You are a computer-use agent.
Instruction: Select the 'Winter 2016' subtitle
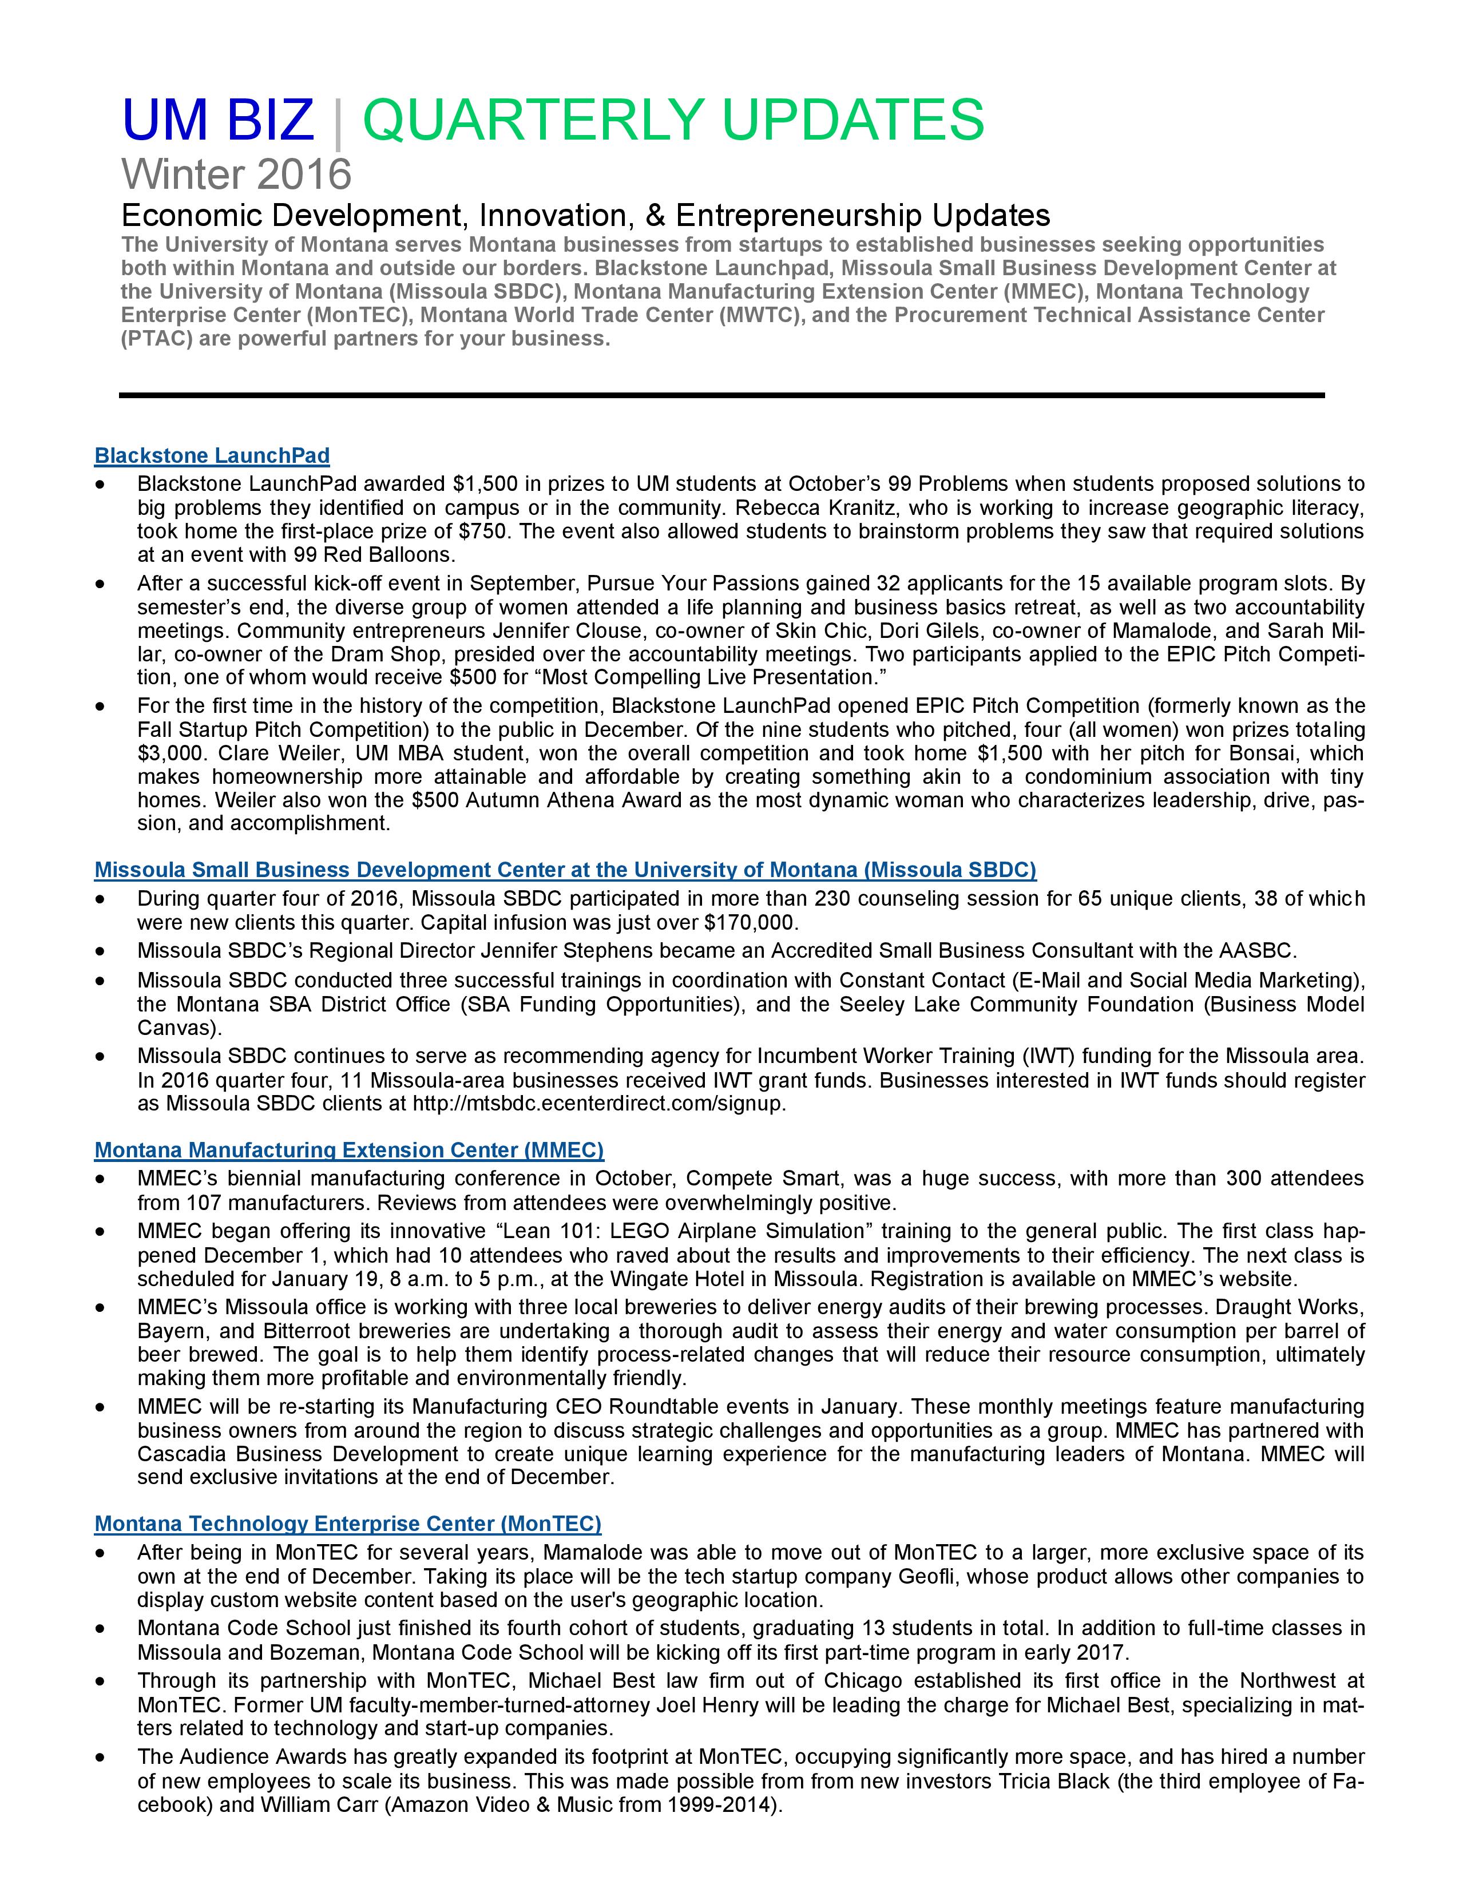236,174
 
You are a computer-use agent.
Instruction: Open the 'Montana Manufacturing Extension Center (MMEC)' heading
349,1150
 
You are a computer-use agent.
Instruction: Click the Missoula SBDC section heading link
565,870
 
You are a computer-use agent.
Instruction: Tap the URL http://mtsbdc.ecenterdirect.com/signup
599,1104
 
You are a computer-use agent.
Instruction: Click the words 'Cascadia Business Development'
298,1454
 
